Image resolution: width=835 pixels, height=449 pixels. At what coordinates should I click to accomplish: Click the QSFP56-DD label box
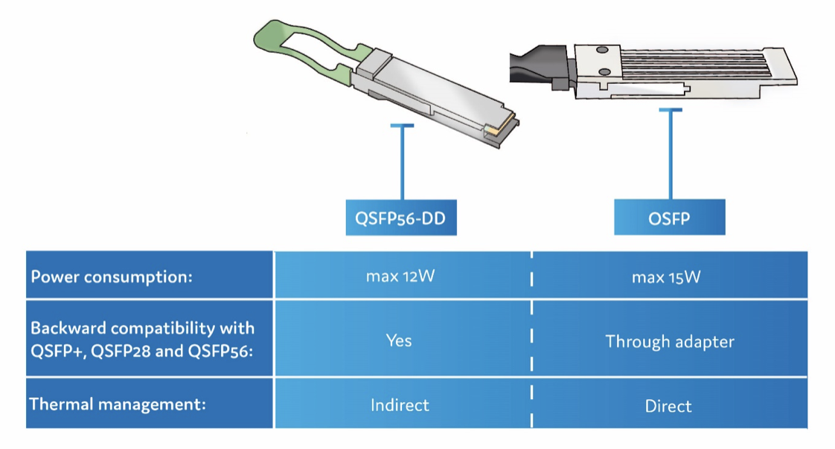coord(400,218)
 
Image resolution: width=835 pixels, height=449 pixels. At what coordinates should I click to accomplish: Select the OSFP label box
coord(669,217)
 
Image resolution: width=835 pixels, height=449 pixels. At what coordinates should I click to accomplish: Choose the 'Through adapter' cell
coord(669,341)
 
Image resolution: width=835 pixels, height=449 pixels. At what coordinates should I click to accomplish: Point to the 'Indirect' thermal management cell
coord(400,405)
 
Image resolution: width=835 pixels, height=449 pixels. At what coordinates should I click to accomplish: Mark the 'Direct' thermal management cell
coord(668,406)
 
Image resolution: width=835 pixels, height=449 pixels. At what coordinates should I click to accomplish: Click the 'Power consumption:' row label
coord(112,277)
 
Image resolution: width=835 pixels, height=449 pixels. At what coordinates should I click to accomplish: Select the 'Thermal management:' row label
coord(117,405)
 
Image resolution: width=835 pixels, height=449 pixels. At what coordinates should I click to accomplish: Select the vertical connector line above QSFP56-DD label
coord(402,164)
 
